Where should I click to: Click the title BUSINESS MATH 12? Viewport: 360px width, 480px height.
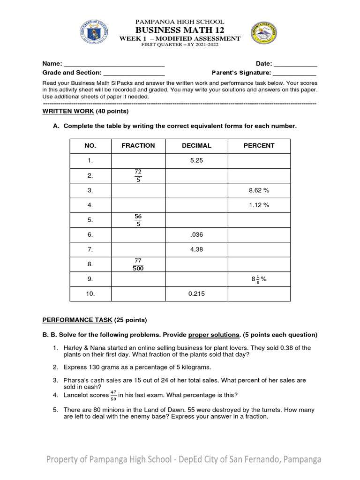click(x=180, y=30)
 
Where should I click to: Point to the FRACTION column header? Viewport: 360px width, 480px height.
click(x=138, y=146)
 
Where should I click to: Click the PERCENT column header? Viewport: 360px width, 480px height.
click(x=259, y=146)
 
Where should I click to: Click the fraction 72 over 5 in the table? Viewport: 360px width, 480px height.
click(x=138, y=176)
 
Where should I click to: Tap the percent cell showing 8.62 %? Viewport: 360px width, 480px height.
click(x=259, y=190)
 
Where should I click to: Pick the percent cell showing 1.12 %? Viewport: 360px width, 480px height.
click(x=259, y=205)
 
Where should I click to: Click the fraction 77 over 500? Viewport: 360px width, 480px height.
click(x=138, y=264)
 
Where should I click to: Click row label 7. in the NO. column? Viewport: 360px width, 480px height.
click(x=90, y=249)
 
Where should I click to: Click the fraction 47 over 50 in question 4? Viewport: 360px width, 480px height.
click(x=113, y=395)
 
